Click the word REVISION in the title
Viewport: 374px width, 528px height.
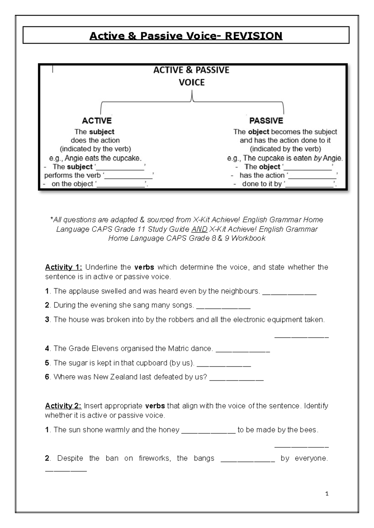click(253, 36)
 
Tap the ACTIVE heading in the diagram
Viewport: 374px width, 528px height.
click(97, 121)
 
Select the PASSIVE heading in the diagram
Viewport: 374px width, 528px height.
click(266, 121)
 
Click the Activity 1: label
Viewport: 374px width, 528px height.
click(64, 267)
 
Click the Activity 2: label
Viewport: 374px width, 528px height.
click(63, 406)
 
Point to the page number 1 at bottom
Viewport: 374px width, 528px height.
click(327, 494)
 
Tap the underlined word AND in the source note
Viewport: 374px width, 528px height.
click(199, 229)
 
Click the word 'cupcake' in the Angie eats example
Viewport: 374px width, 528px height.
click(128, 158)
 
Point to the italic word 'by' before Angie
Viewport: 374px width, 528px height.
click(318, 158)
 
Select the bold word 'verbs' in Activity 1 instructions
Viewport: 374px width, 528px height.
click(144, 267)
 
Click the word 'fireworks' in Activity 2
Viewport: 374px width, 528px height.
click(155, 458)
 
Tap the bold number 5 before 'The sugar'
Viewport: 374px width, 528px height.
click(47, 363)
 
